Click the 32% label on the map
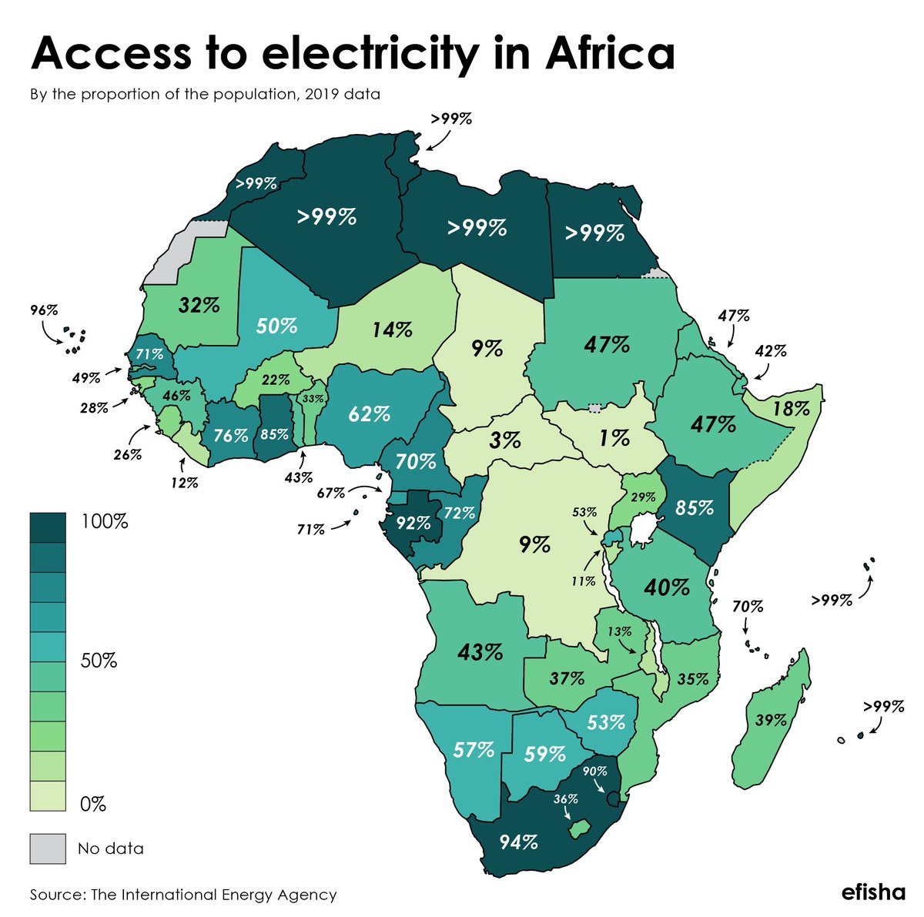199,305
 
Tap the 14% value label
392,330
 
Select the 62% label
369,414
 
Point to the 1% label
615,438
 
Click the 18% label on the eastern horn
791,408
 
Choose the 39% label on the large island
771,720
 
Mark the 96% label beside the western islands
44,310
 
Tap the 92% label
413,524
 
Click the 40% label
667,587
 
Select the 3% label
506,440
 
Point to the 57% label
473,749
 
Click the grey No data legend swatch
48,848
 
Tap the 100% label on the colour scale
104,522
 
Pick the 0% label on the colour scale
92,805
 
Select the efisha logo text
873,893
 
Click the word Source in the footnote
56,895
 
